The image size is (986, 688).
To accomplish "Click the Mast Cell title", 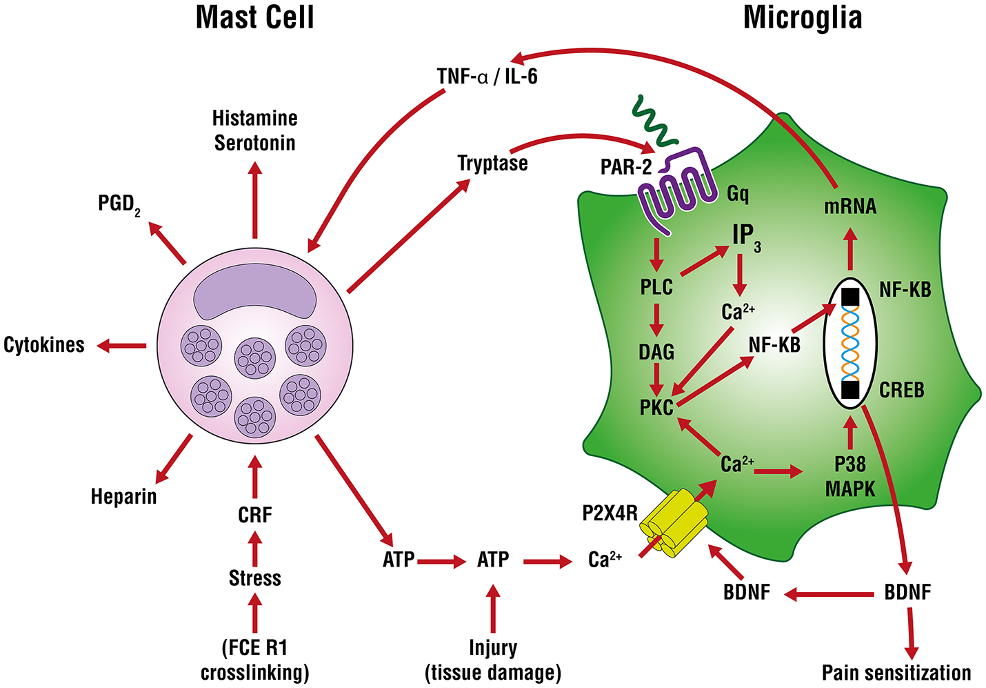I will [254, 17].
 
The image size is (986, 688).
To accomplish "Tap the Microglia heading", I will [802, 17].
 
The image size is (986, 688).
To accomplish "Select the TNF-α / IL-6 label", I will [487, 76].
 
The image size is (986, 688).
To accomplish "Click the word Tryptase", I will [492, 164].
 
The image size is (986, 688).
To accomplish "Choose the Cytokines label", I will [44, 345].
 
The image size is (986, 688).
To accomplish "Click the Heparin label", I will [124, 496].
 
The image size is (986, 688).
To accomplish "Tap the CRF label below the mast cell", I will [254, 515].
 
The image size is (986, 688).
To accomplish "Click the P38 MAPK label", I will [850, 477].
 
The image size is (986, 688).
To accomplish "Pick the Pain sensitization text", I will [896, 673].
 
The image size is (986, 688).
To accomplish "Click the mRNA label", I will [850, 206].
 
